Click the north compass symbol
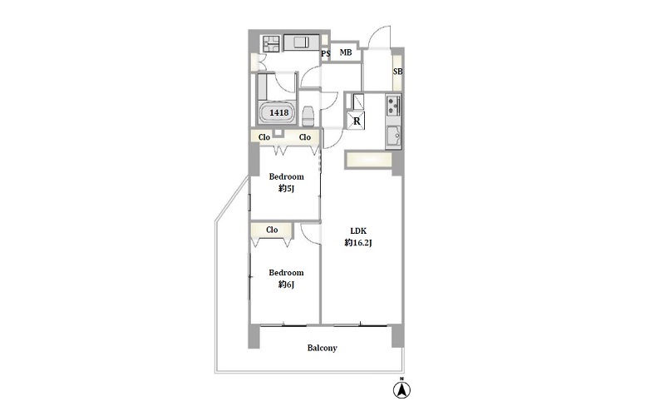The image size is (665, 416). point(401,389)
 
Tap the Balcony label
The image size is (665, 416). point(323,348)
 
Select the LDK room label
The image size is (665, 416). point(358,231)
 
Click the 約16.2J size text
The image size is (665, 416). point(358,243)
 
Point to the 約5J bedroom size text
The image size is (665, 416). point(286,189)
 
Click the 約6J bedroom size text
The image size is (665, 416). point(286,285)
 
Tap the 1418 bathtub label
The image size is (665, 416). point(279,112)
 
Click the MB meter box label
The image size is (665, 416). point(346,52)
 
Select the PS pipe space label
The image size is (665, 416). point(325,54)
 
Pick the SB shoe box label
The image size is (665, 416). point(398,72)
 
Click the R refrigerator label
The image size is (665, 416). point(357,121)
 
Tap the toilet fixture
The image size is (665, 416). point(308,116)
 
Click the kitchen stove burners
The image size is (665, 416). point(393,106)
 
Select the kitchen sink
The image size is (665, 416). point(393,137)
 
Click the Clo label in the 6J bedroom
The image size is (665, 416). point(272,230)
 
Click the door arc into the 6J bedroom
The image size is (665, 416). point(309,235)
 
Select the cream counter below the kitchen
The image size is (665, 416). point(368,160)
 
